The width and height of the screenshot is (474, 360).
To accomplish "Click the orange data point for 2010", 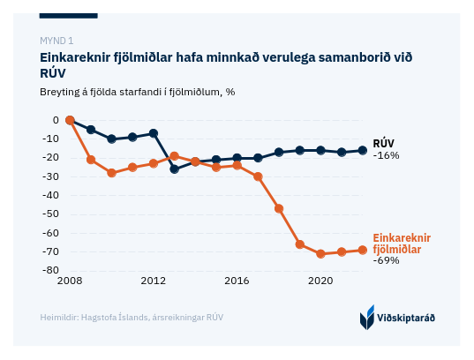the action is [111, 173].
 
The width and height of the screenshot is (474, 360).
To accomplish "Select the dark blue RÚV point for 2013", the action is [175, 169].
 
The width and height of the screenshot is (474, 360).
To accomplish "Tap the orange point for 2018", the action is [279, 208].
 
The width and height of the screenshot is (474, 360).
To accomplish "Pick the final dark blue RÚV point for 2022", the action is [363, 150].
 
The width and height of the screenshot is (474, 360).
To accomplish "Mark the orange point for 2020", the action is [320, 253].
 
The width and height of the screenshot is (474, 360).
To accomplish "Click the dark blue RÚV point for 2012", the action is [154, 133].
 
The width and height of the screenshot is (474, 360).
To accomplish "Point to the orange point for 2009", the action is [91, 160].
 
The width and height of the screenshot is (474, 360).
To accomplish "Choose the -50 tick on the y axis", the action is [50, 214].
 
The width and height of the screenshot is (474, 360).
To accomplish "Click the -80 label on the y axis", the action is [50, 270].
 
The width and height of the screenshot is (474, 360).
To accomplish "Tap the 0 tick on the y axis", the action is [56, 120].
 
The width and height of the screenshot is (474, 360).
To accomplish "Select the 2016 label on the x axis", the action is [237, 281].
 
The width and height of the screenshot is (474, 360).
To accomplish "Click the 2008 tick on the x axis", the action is [70, 281].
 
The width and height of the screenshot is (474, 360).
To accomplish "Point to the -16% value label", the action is [386, 155].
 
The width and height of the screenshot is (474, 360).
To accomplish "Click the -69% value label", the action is [386, 260].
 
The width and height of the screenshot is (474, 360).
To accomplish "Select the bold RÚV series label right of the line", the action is [384, 143].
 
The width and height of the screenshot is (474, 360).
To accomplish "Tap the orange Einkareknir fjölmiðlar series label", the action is [402, 244].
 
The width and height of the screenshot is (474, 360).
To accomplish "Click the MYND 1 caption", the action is [56, 41].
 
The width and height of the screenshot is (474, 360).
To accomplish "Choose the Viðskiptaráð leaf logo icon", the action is [367, 317].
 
